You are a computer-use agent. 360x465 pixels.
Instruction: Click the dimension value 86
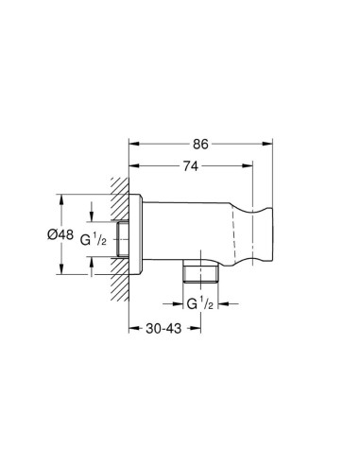[200, 144]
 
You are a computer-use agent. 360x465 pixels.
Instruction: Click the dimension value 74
[191, 166]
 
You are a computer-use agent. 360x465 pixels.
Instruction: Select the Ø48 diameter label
[60, 234]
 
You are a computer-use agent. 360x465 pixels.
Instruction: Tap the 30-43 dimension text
[163, 329]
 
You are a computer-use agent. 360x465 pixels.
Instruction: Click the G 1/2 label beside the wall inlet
[94, 240]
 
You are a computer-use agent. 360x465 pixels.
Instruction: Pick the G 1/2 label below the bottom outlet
[200, 304]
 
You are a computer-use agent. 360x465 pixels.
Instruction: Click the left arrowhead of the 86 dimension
[134, 144]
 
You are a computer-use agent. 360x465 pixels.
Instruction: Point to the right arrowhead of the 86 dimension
[267, 144]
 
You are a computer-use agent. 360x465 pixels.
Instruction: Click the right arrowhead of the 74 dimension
[248, 165]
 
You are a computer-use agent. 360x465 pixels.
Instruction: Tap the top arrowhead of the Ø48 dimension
[61, 199]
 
